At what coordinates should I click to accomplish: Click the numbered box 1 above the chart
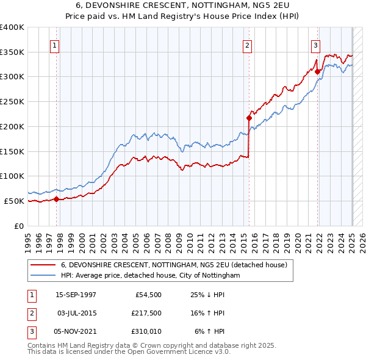point(56,45)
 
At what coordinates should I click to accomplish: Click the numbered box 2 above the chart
point(248,45)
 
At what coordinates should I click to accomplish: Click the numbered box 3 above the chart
point(316,45)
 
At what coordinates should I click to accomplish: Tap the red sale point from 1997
point(56,198)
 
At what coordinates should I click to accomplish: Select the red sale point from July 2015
point(249,118)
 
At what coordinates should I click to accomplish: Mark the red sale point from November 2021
point(318,71)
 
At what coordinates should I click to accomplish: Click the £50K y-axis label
point(14,201)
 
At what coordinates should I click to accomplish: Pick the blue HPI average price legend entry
point(150,275)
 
